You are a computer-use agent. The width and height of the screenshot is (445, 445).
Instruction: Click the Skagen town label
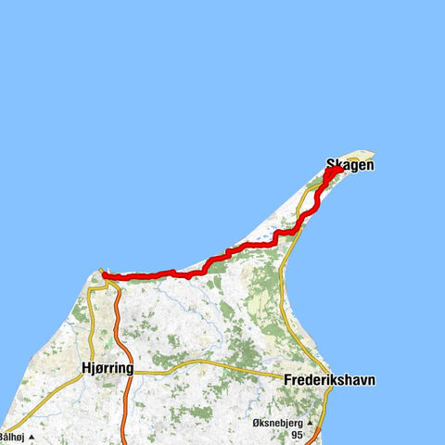click(x=350, y=165)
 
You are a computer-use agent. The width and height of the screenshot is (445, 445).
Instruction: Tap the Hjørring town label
click(x=107, y=368)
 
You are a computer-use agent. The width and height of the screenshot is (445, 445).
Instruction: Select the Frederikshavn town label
click(x=330, y=380)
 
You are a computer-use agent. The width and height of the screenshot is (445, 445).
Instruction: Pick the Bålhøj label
click(x=10, y=436)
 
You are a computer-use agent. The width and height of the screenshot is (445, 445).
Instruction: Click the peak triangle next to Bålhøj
click(x=31, y=436)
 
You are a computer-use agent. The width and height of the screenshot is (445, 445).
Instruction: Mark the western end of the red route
click(x=103, y=274)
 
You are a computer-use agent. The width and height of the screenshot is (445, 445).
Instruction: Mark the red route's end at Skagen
click(x=340, y=168)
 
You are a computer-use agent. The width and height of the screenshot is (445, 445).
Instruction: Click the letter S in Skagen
click(x=330, y=165)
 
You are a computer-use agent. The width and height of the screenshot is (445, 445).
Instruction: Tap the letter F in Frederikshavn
click(x=287, y=380)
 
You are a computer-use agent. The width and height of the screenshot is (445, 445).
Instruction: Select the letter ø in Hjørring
click(x=96, y=368)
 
